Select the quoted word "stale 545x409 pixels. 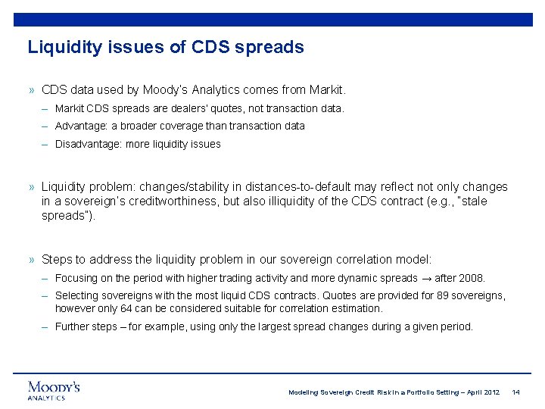pos(471,201)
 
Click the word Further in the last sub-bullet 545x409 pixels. pos(73,326)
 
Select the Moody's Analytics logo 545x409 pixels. pos(54,389)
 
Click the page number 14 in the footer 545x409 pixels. pos(515,392)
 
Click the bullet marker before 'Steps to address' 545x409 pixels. pos(32,259)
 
